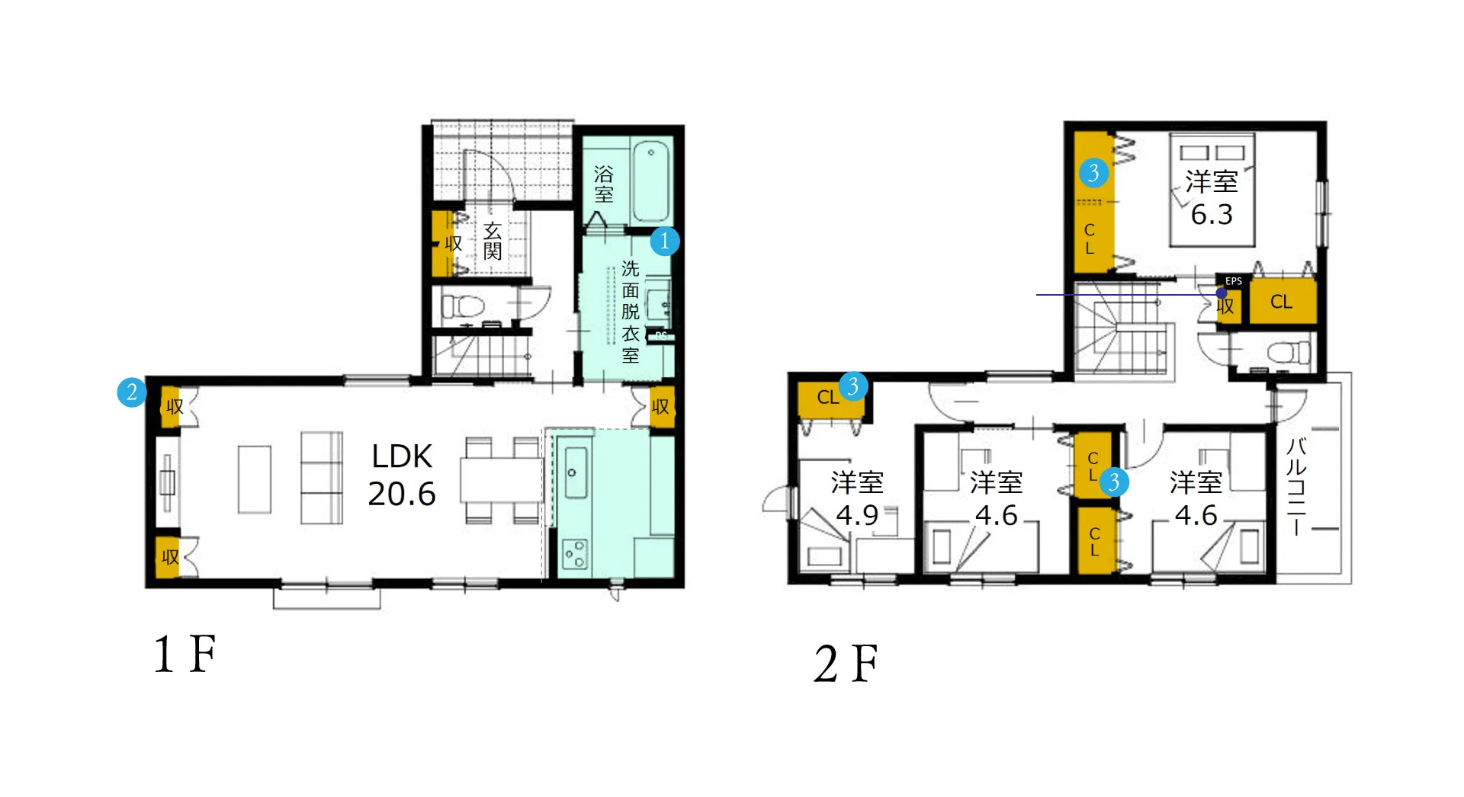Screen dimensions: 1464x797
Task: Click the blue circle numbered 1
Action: tap(664, 241)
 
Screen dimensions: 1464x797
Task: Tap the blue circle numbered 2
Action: tap(132, 392)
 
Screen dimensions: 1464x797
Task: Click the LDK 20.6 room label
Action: tap(402, 475)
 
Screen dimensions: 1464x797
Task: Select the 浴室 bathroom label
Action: tap(604, 184)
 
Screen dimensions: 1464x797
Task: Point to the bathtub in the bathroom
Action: tap(652, 181)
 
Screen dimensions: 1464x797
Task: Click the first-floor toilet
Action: tap(462, 306)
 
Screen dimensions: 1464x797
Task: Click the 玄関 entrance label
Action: tap(493, 241)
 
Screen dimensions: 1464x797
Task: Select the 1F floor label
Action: tap(185, 654)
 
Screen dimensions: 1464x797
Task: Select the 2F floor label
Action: tap(846, 663)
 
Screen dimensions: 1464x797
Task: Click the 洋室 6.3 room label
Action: tap(1212, 198)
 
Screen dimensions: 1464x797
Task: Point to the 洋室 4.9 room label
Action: tap(857, 498)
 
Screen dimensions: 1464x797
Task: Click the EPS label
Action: tap(1234, 281)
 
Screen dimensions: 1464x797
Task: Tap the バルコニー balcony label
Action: tap(1296, 487)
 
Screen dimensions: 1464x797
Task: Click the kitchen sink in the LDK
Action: tap(576, 472)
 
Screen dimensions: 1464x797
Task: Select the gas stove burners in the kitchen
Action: tap(575, 554)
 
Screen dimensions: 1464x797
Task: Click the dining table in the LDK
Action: tap(499, 480)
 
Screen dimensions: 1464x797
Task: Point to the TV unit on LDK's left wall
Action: tap(168, 482)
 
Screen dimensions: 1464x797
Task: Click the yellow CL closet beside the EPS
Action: tap(1283, 302)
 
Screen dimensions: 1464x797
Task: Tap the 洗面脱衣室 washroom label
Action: tap(631, 312)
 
